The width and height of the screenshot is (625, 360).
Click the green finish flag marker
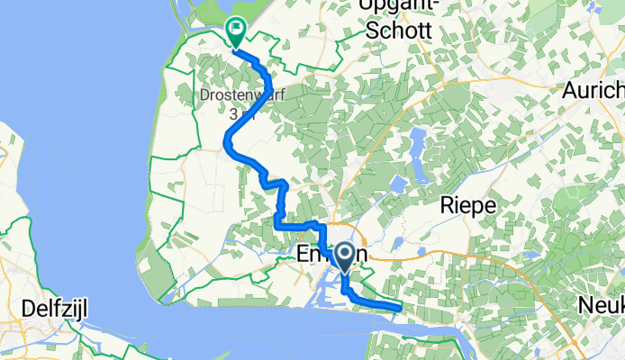point(235,33)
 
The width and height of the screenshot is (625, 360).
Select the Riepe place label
point(468,205)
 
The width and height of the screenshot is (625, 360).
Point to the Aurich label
point(592,91)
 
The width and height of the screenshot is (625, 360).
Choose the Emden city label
point(331,256)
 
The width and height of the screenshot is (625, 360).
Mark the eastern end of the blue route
point(397,309)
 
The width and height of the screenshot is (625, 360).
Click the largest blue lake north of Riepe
point(417,139)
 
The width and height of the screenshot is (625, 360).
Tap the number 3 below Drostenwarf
point(232,114)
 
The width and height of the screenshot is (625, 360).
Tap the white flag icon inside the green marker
point(235,29)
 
